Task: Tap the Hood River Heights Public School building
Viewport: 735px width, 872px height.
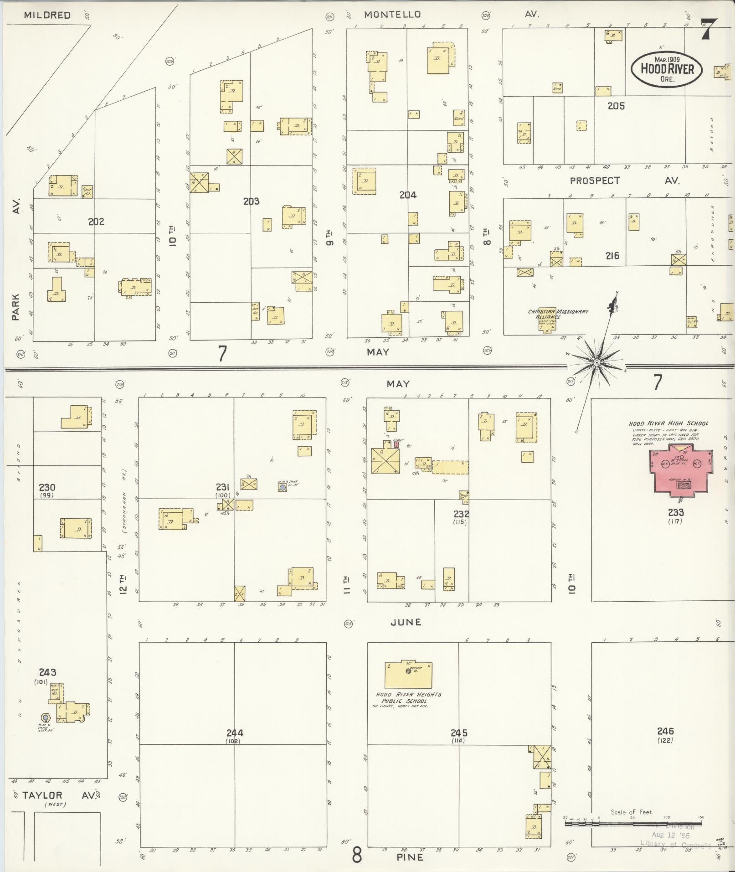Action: [x=408, y=674]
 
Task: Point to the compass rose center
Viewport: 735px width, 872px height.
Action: [x=596, y=362]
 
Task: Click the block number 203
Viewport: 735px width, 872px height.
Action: [x=251, y=201]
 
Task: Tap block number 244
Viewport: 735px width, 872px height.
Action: [x=235, y=733]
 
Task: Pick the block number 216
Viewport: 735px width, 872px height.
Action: [x=612, y=256]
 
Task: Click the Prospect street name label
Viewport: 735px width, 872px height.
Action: [x=595, y=181]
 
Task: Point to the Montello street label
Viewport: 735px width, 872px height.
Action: [x=392, y=15]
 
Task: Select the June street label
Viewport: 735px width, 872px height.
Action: [x=406, y=622]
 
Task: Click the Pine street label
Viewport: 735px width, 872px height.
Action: [x=409, y=857]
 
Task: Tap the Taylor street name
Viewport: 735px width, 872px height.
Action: [x=42, y=796]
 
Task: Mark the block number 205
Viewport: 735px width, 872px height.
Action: [x=616, y=106]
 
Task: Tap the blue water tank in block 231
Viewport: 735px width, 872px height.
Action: [x=283, y=487]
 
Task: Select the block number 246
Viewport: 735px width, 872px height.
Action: [x=665, y=731]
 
